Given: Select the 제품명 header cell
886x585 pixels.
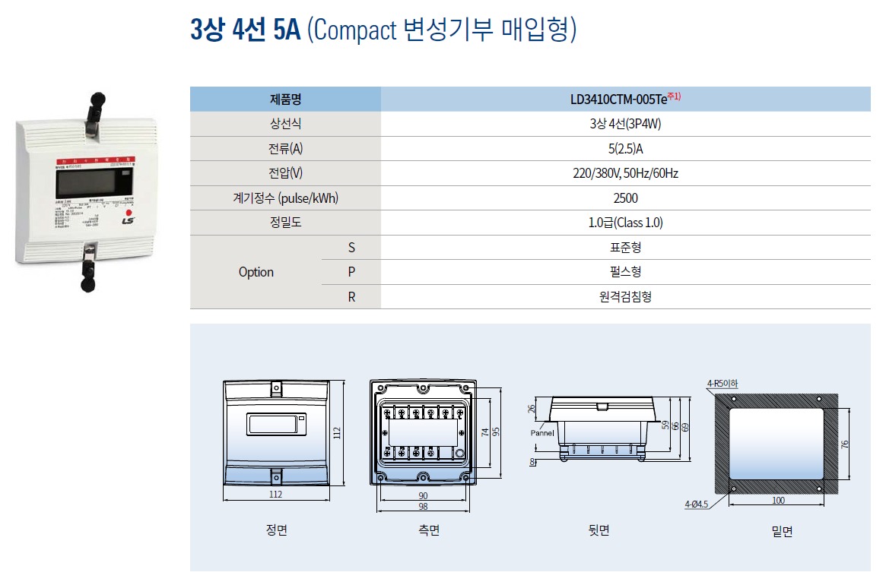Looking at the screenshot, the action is tap(285, 100).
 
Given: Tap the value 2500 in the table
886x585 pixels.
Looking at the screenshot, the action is tap(625, 198).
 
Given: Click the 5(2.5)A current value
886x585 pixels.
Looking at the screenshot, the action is tap(625, 149).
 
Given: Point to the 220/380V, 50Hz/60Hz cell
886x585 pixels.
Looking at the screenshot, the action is tap(625, 173).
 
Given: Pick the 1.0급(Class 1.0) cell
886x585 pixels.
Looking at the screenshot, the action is tap(625, 223).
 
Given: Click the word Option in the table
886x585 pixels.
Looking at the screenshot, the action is tap(256, 272).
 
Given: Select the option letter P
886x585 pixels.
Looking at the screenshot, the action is tap(351, 272).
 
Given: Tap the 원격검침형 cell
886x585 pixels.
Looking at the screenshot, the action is tap(625, 297).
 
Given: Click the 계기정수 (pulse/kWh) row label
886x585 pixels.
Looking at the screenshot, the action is tap(285, 198).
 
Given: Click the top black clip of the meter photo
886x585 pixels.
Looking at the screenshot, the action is tap(96, 100).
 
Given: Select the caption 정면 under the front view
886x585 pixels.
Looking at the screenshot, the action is tap(276, 530).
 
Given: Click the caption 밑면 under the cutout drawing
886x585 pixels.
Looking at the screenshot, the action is tap(781, 532).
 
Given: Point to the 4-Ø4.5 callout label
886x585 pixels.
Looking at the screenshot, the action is tap(696, 504).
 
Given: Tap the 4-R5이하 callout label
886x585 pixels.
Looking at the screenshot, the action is tap(722, 384).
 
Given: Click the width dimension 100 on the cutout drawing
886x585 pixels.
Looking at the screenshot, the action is tap(777, 501).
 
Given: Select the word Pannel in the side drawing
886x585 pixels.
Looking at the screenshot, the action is tap(542, 432).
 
